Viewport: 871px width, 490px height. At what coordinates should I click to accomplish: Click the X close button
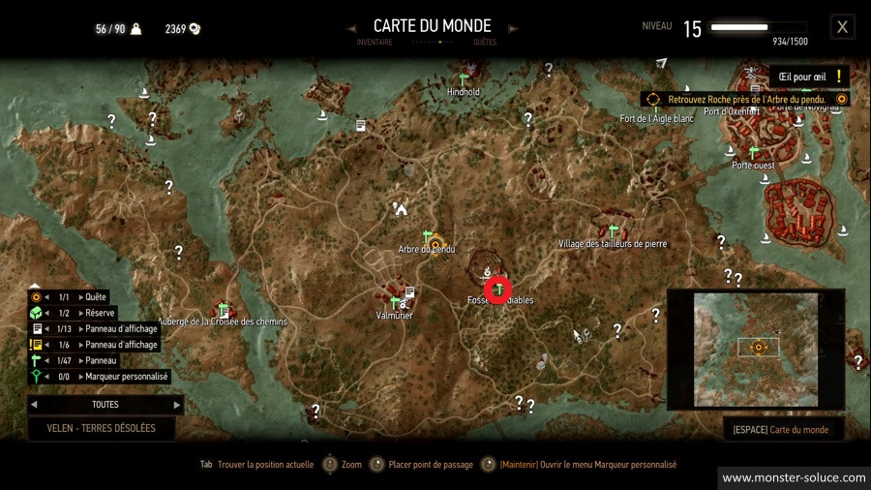pos(843,27)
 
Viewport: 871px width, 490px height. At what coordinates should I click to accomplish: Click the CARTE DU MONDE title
pos(432,26)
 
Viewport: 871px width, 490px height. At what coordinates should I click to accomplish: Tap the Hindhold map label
pos(464,92)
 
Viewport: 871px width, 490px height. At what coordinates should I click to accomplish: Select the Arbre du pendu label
pos(427,250)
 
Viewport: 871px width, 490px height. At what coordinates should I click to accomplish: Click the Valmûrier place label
pos(395,316)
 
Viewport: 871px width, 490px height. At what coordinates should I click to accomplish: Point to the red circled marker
pos(498,290)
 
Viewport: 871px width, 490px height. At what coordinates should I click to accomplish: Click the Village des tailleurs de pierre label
pos(613,244)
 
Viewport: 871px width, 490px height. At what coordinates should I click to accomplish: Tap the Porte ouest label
pos(753,166)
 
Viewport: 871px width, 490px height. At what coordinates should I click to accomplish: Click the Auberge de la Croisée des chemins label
pos(224,322)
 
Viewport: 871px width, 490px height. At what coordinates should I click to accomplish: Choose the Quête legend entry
pos(95,297)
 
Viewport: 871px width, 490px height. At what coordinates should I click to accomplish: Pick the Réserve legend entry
pos(100,313)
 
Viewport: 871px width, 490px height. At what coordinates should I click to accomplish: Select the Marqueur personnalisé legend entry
pos(127,377)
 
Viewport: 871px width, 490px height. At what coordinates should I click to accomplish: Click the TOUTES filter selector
pos(105,405)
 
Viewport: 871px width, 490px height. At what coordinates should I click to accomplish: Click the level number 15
pos(692,29)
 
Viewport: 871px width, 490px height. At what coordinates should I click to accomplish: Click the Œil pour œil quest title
pos(800,77)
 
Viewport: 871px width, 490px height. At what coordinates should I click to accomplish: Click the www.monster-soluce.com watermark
pos(794,477)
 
